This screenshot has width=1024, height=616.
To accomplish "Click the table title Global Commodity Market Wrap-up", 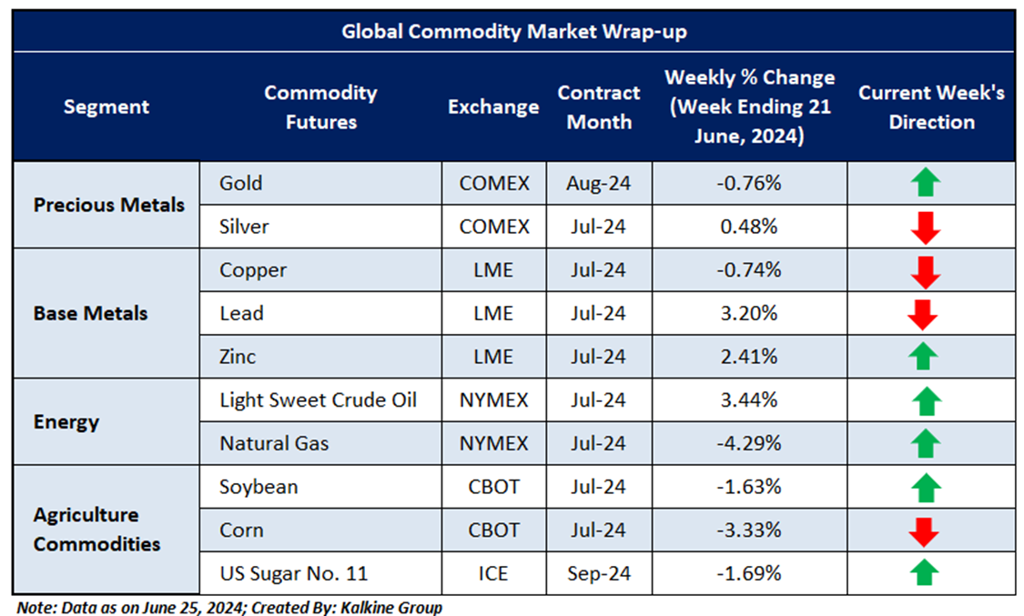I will click(x=514, y=32).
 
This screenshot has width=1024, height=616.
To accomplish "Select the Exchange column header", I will click(x=493, y=107).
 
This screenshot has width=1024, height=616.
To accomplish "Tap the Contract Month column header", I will click(x=599, y=107).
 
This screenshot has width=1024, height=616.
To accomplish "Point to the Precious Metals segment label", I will click(x=109, y=205).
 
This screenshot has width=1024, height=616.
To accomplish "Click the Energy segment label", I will click(x=66, y=422).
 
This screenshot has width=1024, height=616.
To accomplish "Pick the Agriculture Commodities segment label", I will click(x=97, y=530).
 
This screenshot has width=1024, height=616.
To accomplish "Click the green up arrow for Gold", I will click(x=925, y=183).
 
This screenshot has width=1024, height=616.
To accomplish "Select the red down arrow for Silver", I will click(x=925, y=227).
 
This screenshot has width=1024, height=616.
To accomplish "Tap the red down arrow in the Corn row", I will click(x=925, y=530).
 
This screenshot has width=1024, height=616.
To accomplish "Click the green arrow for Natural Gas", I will click(x=925, y=444).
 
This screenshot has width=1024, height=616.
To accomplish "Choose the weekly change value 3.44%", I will click(x=748, y=400).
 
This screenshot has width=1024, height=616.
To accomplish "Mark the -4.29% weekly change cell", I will click(x=748, y=444).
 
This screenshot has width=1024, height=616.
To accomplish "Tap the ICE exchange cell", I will click(x=493, y=574).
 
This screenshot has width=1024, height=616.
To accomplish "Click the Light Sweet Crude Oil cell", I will click(x=318, y=400).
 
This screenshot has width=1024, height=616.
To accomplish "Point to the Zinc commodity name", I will click(x=238, y=357).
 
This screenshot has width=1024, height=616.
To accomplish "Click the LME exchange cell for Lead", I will click(x=493, y=314).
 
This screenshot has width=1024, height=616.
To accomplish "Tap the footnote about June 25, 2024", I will click(x=229, y=605).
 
